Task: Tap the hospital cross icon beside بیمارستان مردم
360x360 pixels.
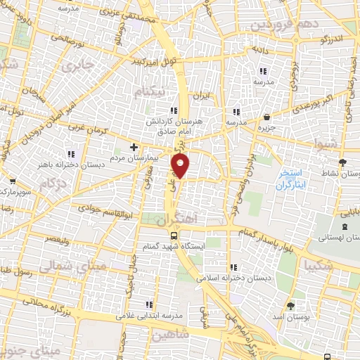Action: click(134, 147)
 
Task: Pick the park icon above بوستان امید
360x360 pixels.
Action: click(291, 306)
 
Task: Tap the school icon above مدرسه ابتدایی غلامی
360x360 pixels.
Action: click(148, 304)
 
